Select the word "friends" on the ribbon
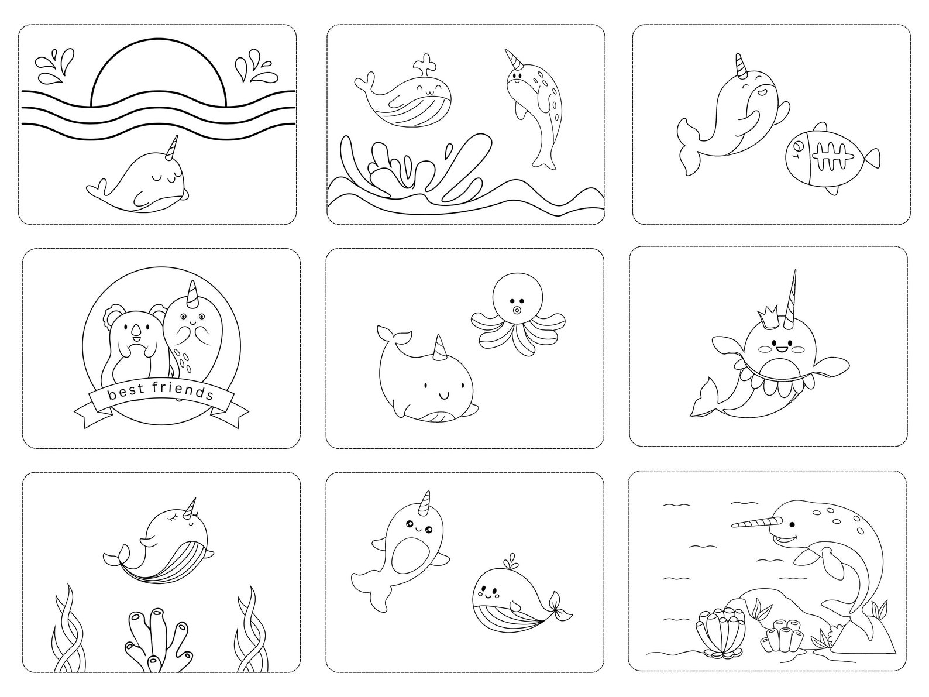(183, 390)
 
